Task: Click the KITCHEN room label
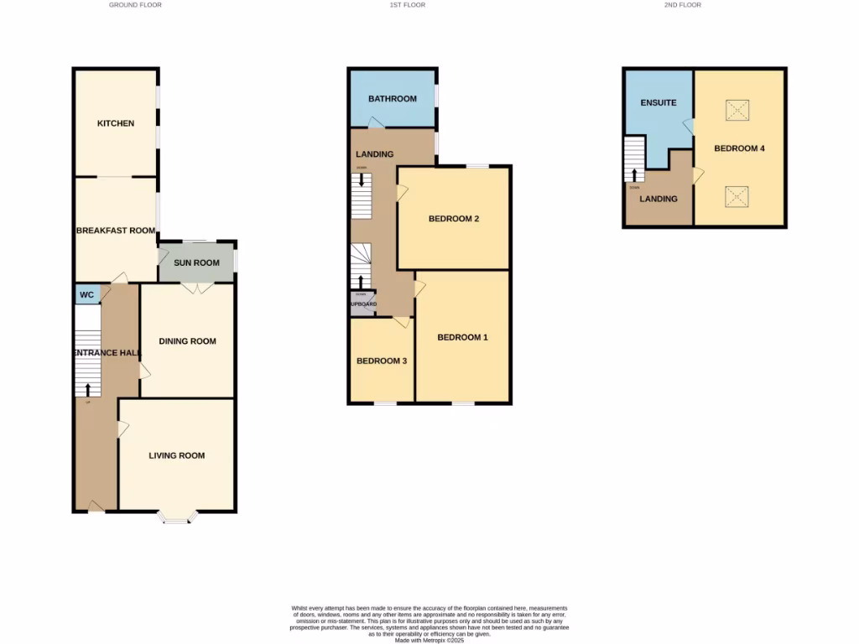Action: (x=116, y=123)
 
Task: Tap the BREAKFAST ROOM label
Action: (x=116, y=231)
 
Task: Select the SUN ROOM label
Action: (x=196, y=262)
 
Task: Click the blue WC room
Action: (x=86, y=294)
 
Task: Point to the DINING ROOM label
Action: (x=187, y=341)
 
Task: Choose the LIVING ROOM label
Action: (x=176, y=455)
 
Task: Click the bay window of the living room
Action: (x=176, y=518)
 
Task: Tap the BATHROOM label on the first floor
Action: (x=392, y=99)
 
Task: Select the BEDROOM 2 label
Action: (x=453, y=219)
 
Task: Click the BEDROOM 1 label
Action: (x=462, y=337)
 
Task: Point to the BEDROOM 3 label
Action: (x=382, y=361)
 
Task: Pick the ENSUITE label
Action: (x=658, y=103)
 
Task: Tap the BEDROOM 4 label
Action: (x=739, y=148)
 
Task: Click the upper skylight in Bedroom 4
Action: (x=737, y=109)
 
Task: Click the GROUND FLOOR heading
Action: (x=135, y=5)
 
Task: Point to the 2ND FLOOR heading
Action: (x=682, y=5)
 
